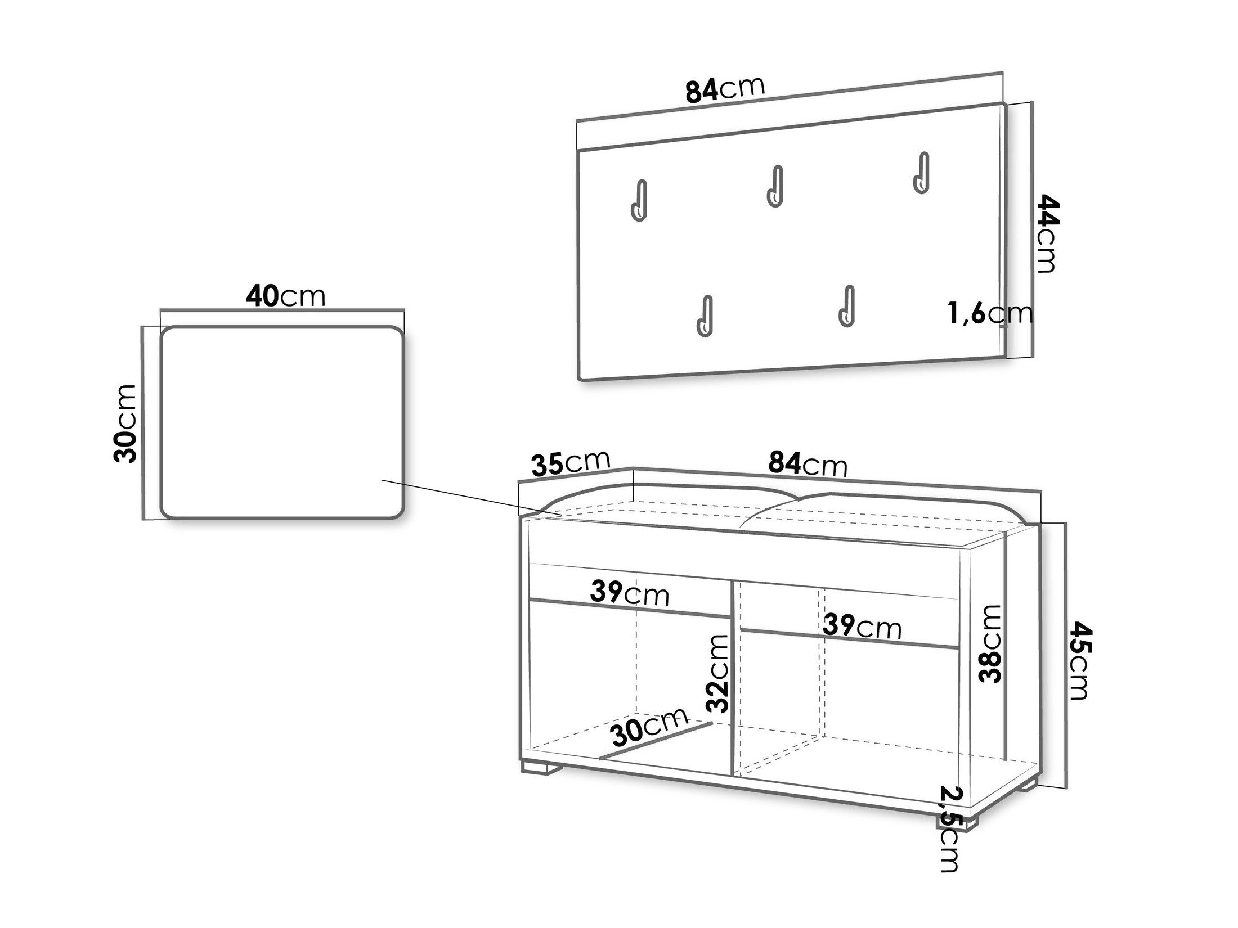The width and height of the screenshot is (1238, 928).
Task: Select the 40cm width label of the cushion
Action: point(285,296)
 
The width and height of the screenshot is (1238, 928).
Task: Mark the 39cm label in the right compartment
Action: point(862,626)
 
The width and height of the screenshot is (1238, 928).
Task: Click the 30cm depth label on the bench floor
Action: point(649,726)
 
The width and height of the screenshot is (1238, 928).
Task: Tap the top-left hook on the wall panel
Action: point(639,201)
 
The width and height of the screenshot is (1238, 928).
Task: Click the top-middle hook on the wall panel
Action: point(775,187)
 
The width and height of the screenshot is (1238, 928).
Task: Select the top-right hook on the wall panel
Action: point(921,173)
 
